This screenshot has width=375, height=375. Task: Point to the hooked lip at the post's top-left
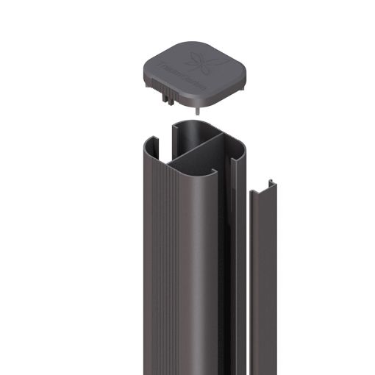[151, 140]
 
